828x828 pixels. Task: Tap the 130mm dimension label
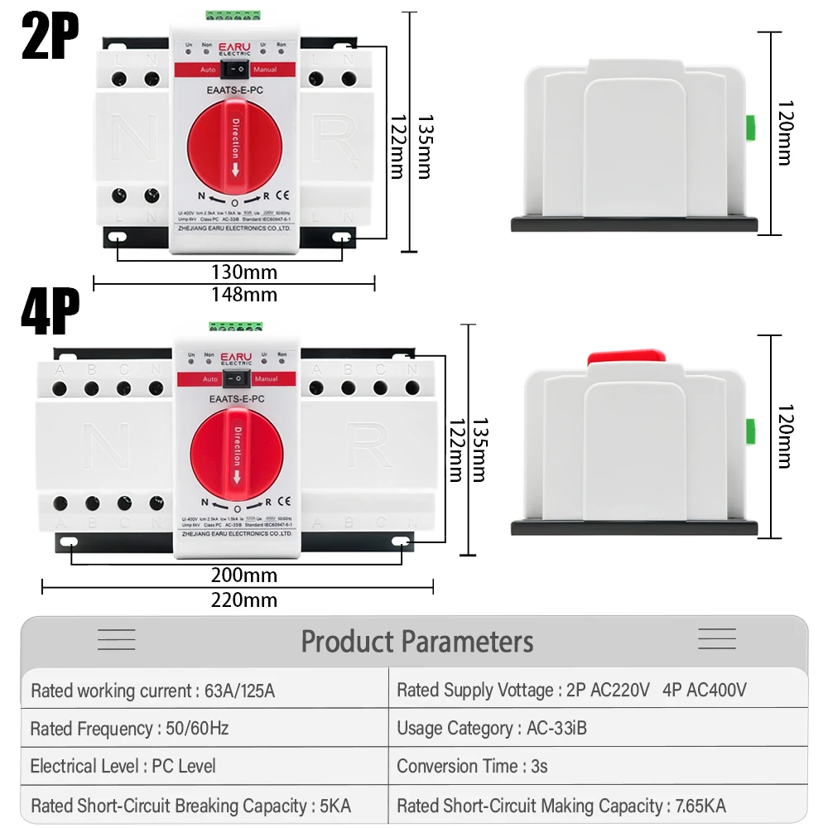(x=243, y=272)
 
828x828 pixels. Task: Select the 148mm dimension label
(x=243, y=294)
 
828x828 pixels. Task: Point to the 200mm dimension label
(x=243, y=575)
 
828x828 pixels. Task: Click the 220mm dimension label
(x=243, y=600)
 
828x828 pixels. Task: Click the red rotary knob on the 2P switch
(x=235, y=150)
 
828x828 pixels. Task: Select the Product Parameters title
(x=416, y=642)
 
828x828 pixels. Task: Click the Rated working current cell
(x=152, y=691)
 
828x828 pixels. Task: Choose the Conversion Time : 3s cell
(x=472, y=766)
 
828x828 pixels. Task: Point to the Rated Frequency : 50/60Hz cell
(x=129, y=729)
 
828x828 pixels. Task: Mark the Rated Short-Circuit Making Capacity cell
(x=561, y=805)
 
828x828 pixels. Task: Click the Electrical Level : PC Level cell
(x=123, y=766)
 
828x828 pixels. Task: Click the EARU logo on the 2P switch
(x=235, y=47)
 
